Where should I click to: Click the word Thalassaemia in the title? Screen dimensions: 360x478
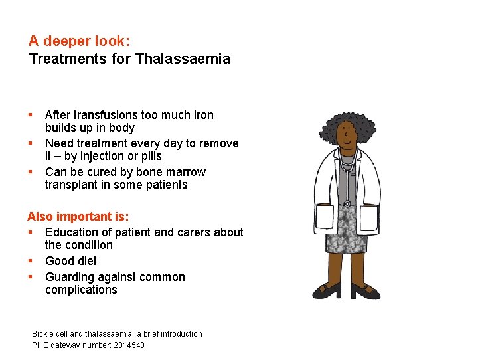point(183,59)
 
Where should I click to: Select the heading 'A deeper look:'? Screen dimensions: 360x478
point(79,41)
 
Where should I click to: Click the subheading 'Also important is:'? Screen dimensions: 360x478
point(78,217)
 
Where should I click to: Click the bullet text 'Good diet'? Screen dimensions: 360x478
point(71,261)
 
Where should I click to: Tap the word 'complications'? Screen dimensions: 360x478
point(81,290)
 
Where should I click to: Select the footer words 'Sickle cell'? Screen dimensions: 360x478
point(48,333)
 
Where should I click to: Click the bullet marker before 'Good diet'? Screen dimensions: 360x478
point(31,261)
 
